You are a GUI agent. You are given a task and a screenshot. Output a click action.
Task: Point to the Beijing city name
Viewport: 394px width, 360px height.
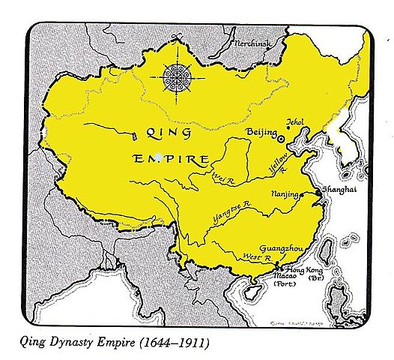point(260,132)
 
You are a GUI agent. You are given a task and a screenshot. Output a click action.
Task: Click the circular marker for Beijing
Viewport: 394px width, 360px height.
point(282,138)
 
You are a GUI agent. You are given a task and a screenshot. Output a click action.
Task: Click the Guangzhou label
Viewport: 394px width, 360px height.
point(281,247)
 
